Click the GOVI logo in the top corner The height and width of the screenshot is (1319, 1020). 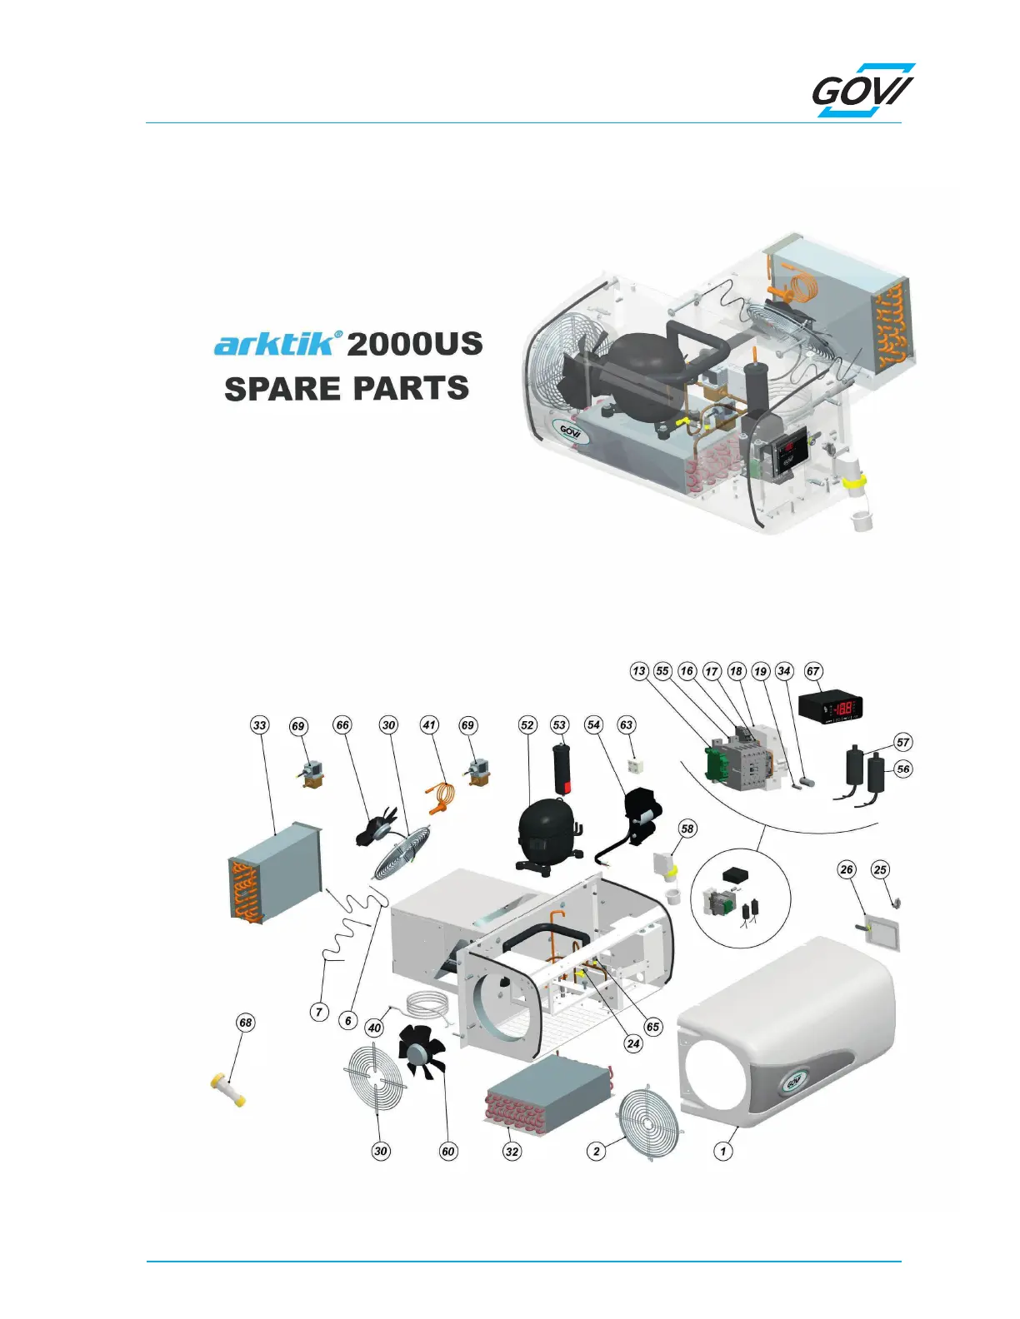[x=863, y=91]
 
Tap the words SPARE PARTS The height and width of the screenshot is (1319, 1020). [x=347, y=389]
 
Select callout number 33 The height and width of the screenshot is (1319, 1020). [x=260, y=725]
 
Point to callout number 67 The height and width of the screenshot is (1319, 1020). [x=812, y=671]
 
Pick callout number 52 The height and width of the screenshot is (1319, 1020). [x=527, y=725]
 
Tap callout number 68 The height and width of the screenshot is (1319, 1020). [x=245, y=1023]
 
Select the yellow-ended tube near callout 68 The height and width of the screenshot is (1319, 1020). [x=227, y=1088]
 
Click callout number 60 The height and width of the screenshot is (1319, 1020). [x=448, y=1152]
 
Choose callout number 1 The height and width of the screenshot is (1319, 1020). [x=723, y=1152]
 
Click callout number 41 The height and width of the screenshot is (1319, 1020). [x=429, y=725]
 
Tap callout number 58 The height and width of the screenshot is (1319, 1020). [x=687, y=829]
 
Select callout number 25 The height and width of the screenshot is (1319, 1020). [x=880, y=870]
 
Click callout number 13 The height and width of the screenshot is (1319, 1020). [x=638, y=671]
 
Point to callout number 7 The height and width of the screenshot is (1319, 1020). [x=319, y=1013]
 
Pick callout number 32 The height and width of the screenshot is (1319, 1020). [x=512, y=1152]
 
